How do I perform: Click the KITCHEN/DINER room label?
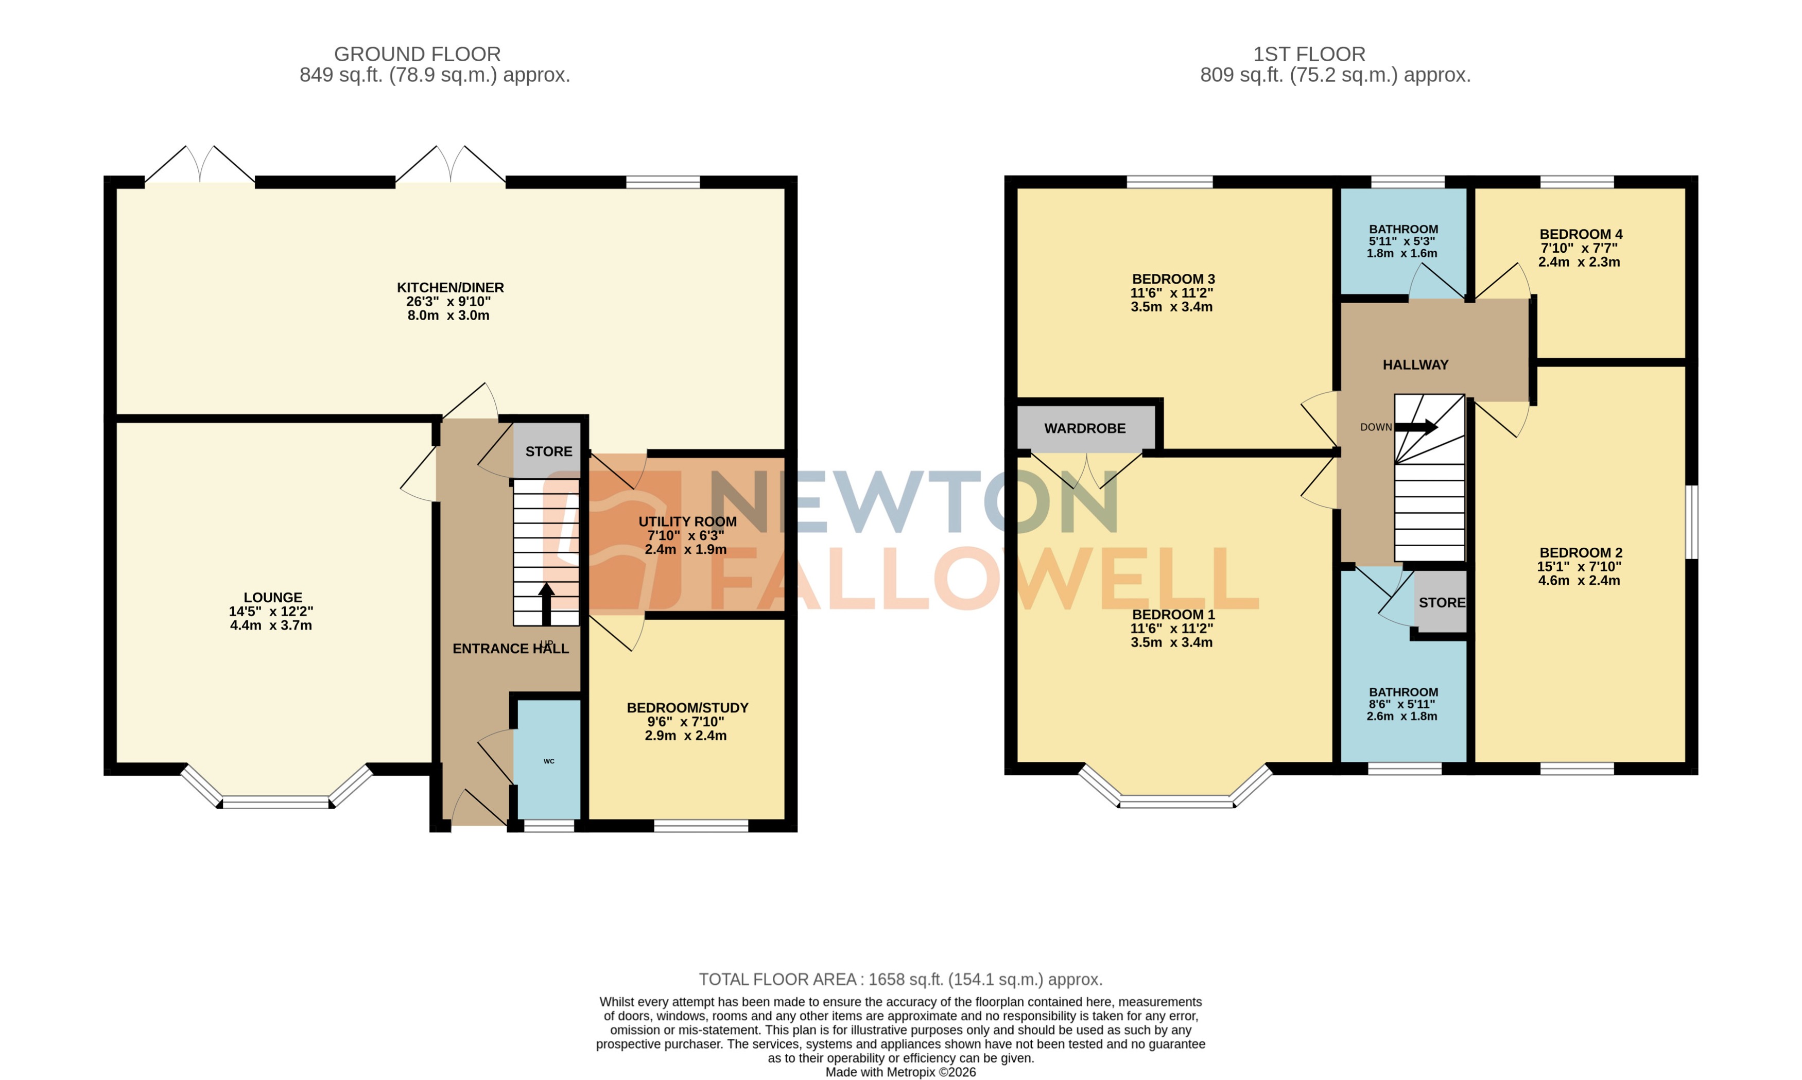click(x=450, y=287)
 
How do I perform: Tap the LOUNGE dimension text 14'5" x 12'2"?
click(x=271, y=612)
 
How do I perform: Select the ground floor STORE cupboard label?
click(x=549, y=451)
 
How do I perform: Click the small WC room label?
click(x=549, y=761)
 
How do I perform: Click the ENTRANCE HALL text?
click(x=510, y=649)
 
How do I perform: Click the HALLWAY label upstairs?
click(x=1415, y=364)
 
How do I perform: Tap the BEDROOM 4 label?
click(x=1580, y=234)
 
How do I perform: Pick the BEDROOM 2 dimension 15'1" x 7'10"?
click(x=1579, y=567)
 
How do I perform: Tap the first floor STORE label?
click(x=1441, y=603)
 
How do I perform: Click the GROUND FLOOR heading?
click(x=417, y=54)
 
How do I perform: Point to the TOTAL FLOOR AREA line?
click(x=900, y=980)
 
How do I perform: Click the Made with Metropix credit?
click(x=900, y=1072)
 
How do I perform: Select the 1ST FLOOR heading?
click(x=1309, y=54)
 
